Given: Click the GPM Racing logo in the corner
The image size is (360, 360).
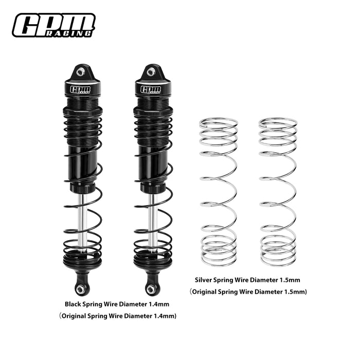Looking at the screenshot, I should (x=53, y=25).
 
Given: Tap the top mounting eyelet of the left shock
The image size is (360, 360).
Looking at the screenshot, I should (x=81, y=73).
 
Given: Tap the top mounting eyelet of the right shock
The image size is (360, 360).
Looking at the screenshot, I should (x=151, y=73).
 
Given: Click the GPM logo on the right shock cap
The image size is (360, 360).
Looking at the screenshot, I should (x=151, y=89).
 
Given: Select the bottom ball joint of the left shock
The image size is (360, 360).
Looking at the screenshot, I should (x=81, y=290).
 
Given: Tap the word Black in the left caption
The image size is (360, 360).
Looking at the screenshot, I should (x=74, y=303).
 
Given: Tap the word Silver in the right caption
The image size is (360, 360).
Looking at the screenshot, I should (x=205, y=280).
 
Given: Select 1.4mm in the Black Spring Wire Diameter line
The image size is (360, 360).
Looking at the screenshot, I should (x=158, y=303).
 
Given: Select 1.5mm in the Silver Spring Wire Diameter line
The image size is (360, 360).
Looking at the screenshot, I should (x=290, y=280).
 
